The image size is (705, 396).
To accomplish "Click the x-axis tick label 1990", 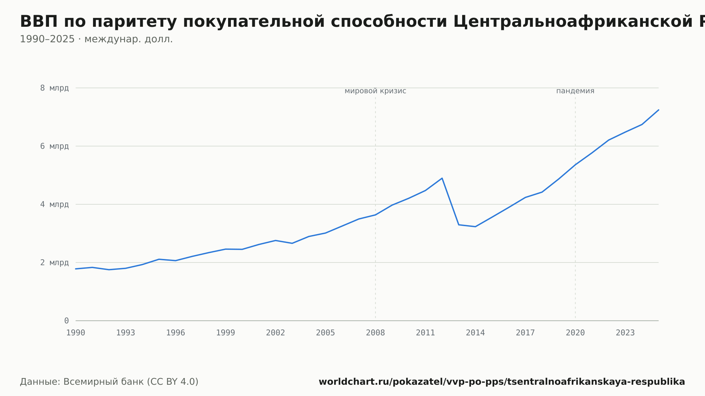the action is [75, 333].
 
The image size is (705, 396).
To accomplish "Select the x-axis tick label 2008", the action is [375, 333].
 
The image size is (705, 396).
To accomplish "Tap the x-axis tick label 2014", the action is [475, 333].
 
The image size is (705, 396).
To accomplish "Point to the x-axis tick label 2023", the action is [625, 333].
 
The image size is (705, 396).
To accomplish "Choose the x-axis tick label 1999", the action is [226, 333].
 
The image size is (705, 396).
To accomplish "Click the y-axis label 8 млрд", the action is [54, 88].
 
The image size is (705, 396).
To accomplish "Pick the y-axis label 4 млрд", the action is [54, 204].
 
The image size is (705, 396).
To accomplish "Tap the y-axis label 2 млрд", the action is [54, 262].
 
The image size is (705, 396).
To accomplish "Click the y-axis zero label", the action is [66, 321].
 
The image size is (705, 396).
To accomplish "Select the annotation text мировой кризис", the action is [375, 91].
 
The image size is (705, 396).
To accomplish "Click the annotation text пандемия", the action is [575, 91].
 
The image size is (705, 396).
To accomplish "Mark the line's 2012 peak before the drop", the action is [442, 178].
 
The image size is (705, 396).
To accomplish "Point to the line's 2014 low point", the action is [475, 227].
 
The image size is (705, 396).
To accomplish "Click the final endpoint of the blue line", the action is [658, 110].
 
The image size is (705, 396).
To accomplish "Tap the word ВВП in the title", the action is [39, 22].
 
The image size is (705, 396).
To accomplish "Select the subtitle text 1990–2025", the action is [47, 39].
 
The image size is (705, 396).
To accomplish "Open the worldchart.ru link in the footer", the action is [502, 382].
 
